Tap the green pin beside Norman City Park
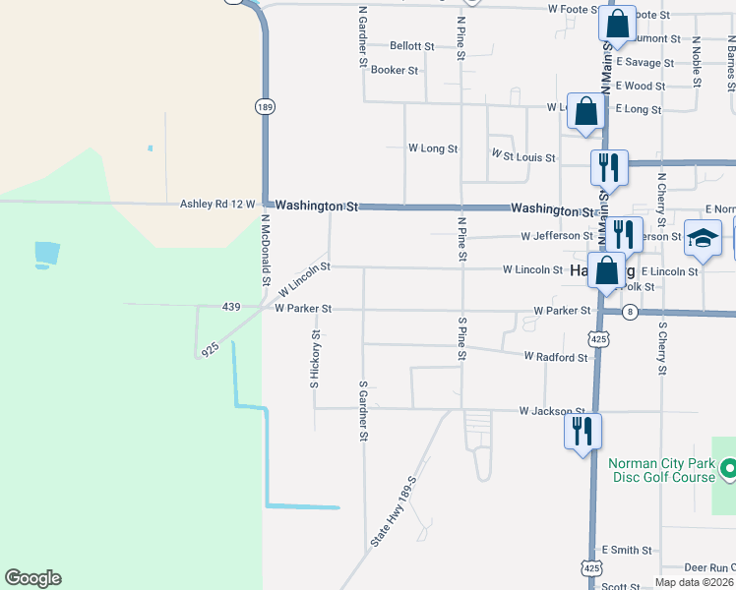tap(728, 470)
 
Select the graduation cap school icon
tap(703, 240)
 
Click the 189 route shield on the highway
tap(264, 106)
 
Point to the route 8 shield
tap(631, 312)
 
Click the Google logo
tap(32, 578)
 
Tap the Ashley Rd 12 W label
tap(217, 205)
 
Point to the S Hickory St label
tap(315, 359)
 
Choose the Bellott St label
tap(411, 46)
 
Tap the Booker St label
tap(395, 71)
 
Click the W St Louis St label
tap(523, 156)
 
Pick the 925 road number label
tap(209, 349)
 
